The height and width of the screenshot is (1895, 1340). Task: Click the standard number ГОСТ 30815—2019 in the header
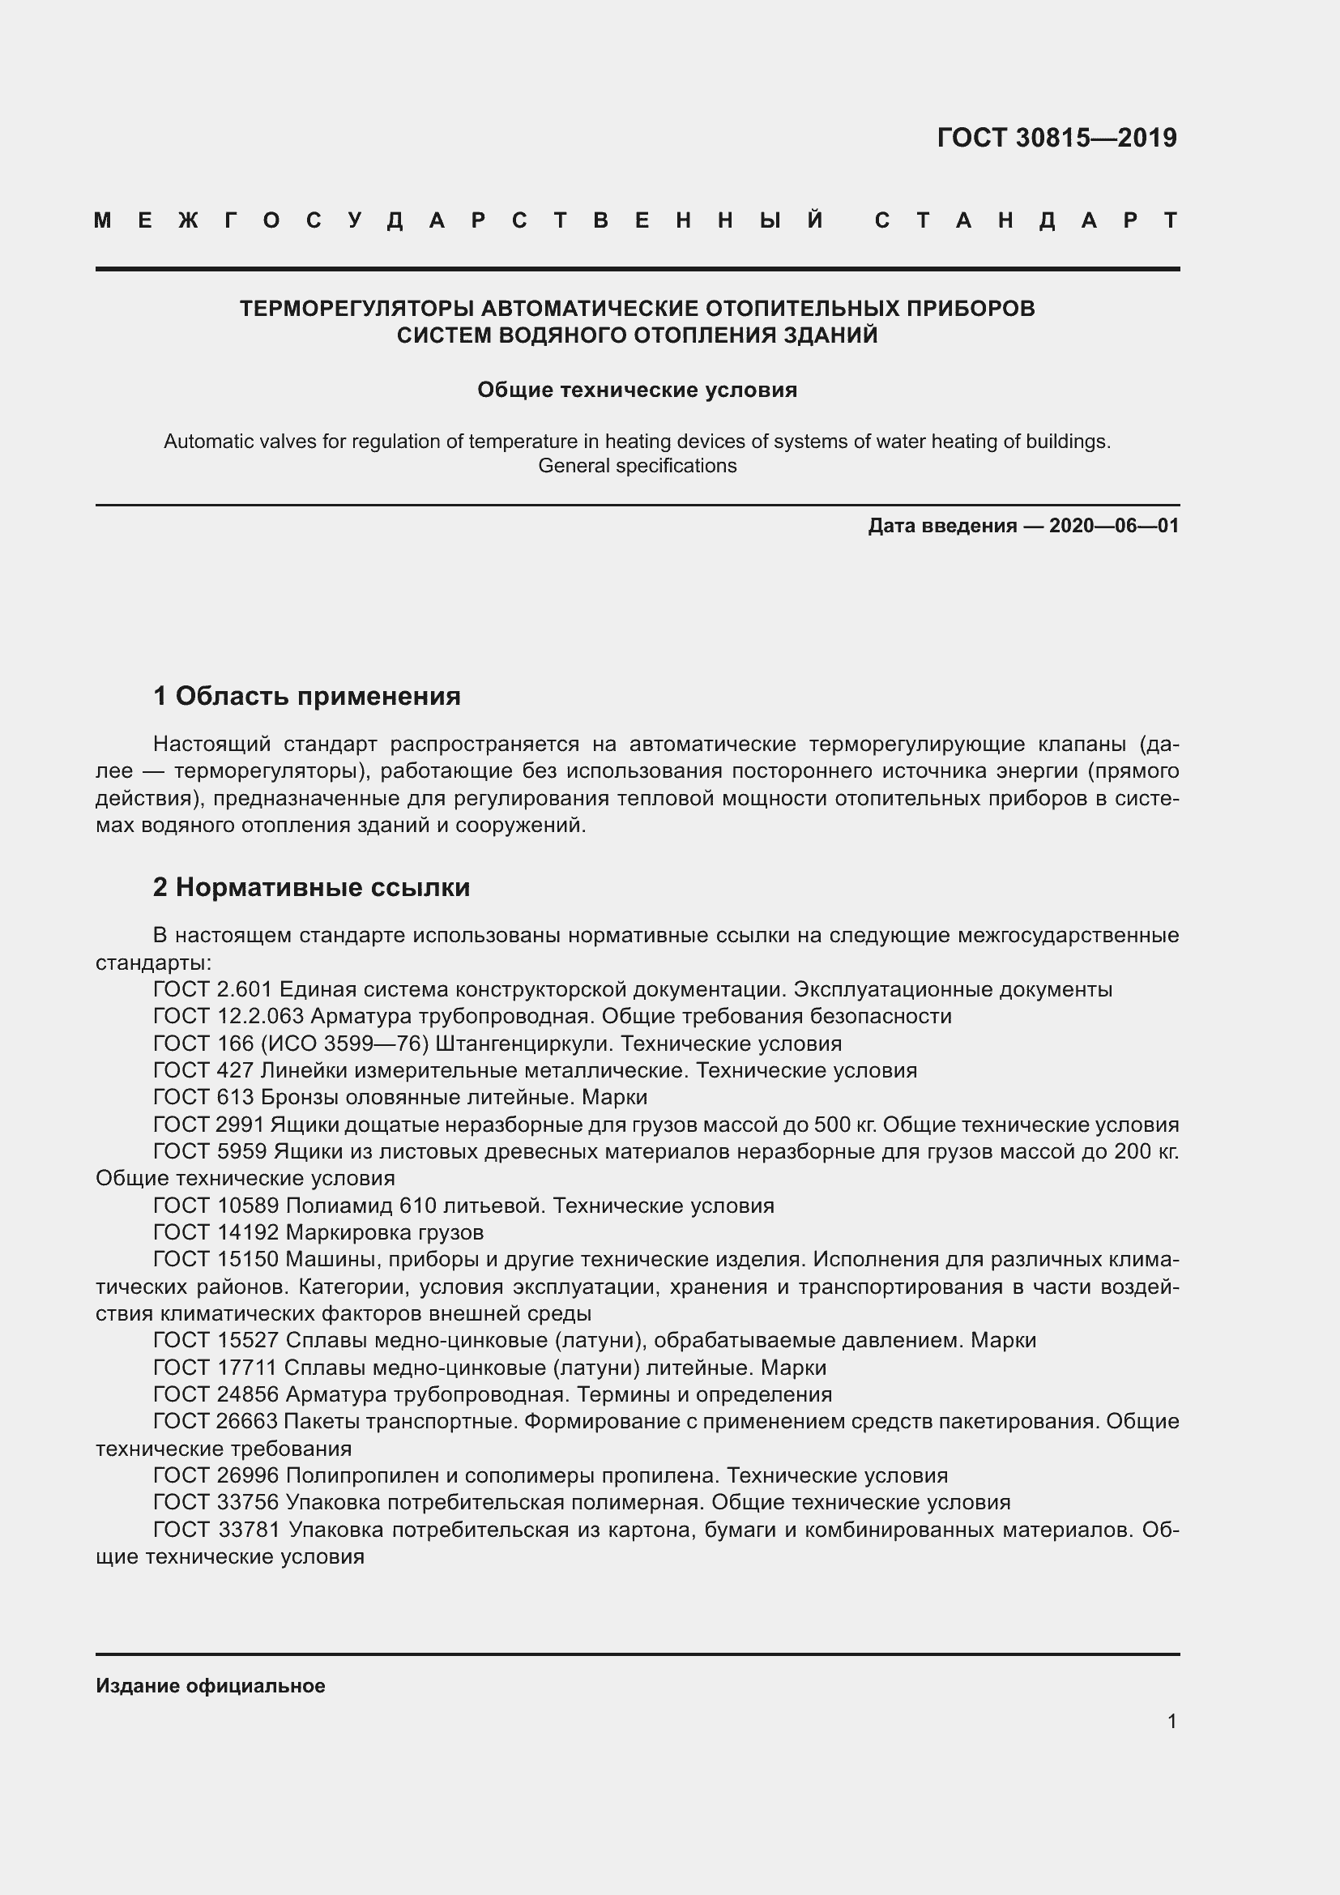click(x=1057, y=138)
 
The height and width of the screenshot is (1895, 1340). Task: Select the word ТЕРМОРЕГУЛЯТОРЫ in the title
click(x=356, y=309)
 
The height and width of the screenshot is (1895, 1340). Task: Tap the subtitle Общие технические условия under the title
click(x=637, y=390)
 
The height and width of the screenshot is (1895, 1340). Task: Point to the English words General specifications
click(x=637, y=466)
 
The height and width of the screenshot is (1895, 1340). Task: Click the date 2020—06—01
click(x=1114, y=526)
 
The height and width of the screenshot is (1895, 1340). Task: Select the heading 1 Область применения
click(x=307, y=696)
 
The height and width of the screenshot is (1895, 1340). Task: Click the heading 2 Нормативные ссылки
click(x=311, y=887)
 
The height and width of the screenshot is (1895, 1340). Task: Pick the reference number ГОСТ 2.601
click(x=214, y=989)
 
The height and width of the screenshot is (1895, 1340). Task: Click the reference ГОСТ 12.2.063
click(x=228, y=1016)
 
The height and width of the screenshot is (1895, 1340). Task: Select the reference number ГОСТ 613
click(x=204, y=1098)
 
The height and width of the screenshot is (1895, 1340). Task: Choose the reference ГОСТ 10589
click(x=216, y=1206)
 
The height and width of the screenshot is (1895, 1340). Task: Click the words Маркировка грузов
click(x=385, y=1233)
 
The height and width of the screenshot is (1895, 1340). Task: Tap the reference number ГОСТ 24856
click(x=216, y=1395)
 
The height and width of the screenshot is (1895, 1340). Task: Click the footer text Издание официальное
click(x=211, y=1685)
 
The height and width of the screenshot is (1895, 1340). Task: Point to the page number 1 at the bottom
click(x=1171, y=1722)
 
